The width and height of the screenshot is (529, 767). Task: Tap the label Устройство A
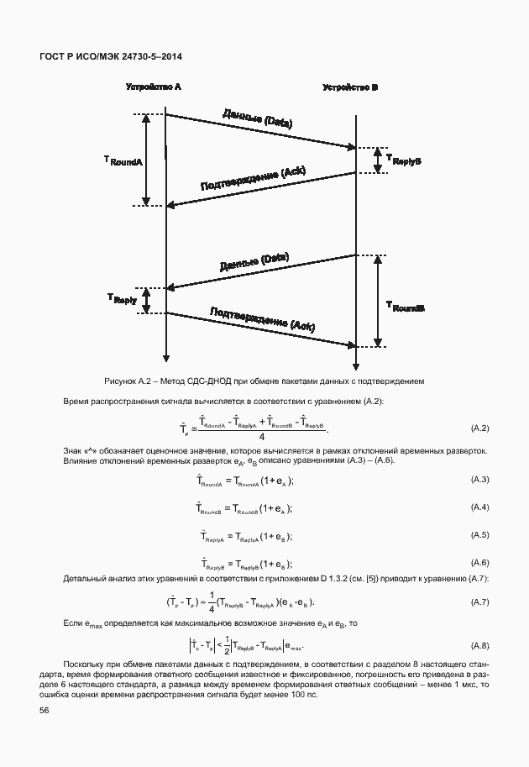click(x=154, y=87)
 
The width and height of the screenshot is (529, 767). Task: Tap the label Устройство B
click(x=351, y=87)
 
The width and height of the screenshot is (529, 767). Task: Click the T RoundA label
click(x=123, y=160)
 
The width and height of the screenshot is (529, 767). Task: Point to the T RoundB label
click(x=405, y=307)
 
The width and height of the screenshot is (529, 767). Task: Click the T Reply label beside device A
click(x=123, y=298)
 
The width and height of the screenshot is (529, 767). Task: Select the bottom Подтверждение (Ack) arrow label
click(x=262, y=318)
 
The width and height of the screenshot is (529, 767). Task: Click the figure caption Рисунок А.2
click(x=264, y=381)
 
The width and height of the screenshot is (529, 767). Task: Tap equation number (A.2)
click(x=479, y=429)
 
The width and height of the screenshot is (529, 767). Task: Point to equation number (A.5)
click(x=479, y=535)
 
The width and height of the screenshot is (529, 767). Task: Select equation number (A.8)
click(x=479, y=645)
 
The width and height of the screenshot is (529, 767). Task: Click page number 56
click(x=44, y=711)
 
